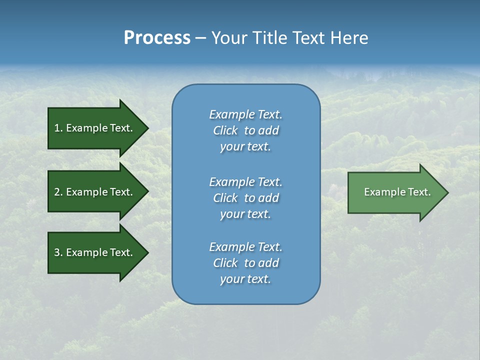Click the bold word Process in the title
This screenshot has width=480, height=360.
pyautogui.click(x=157, y=38)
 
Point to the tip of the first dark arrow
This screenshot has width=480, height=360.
pyautogui.click(x=147, y=128)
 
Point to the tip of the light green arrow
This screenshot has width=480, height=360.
pyautogui.click(x=447, y=192)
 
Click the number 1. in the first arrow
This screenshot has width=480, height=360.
pyautogui.click(x=58, y=128)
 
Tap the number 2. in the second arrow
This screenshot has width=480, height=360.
pyautogui.click(x=58, y=192)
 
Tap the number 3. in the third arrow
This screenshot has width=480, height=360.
pyautogui.click(x=58, y=252)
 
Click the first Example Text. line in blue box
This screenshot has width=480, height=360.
pyautogui.click(x=245, y=114)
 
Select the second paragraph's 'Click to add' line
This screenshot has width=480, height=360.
pyautogui.click(x=245, y=198)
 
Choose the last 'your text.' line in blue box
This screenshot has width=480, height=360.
pyautogui.click(x=245, y=279)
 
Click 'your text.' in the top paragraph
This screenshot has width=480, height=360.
pyautogui.click(x=245, y=146)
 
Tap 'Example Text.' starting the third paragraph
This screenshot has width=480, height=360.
pyautogui.click(x=245, y=247)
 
